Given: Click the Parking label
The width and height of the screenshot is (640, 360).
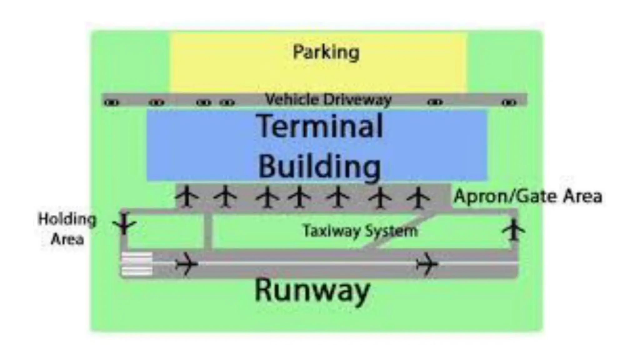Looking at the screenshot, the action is click(326, 52).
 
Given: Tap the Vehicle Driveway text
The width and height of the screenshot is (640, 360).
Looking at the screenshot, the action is click(328, 100).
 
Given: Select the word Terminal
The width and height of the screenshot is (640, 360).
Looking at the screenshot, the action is click(319, 126).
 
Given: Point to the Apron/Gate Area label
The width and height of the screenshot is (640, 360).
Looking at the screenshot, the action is click(528, 196).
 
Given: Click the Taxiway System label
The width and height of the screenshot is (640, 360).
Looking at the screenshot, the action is click(360, 231).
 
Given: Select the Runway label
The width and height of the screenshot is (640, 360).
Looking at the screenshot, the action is click(312, 290).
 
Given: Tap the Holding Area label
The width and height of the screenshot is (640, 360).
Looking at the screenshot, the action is click(67, 229).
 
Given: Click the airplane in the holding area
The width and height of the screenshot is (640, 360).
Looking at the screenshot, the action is click(124, 223).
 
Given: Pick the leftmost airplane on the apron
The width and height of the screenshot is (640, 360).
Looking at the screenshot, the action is click(187, 197).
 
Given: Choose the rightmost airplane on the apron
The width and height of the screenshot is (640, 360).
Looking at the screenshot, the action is click(418, 197).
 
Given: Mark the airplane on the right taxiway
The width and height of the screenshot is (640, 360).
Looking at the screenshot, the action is click(513, 230).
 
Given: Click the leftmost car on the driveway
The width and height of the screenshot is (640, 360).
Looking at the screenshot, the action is click(112, 102).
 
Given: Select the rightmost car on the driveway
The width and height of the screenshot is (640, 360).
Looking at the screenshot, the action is click(509, 102).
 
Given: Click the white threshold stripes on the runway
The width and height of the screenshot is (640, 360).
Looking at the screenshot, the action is click(137, 264).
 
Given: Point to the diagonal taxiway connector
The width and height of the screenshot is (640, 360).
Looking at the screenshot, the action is click(400, 232).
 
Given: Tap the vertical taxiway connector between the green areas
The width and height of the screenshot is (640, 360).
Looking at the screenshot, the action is click(207, 231).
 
